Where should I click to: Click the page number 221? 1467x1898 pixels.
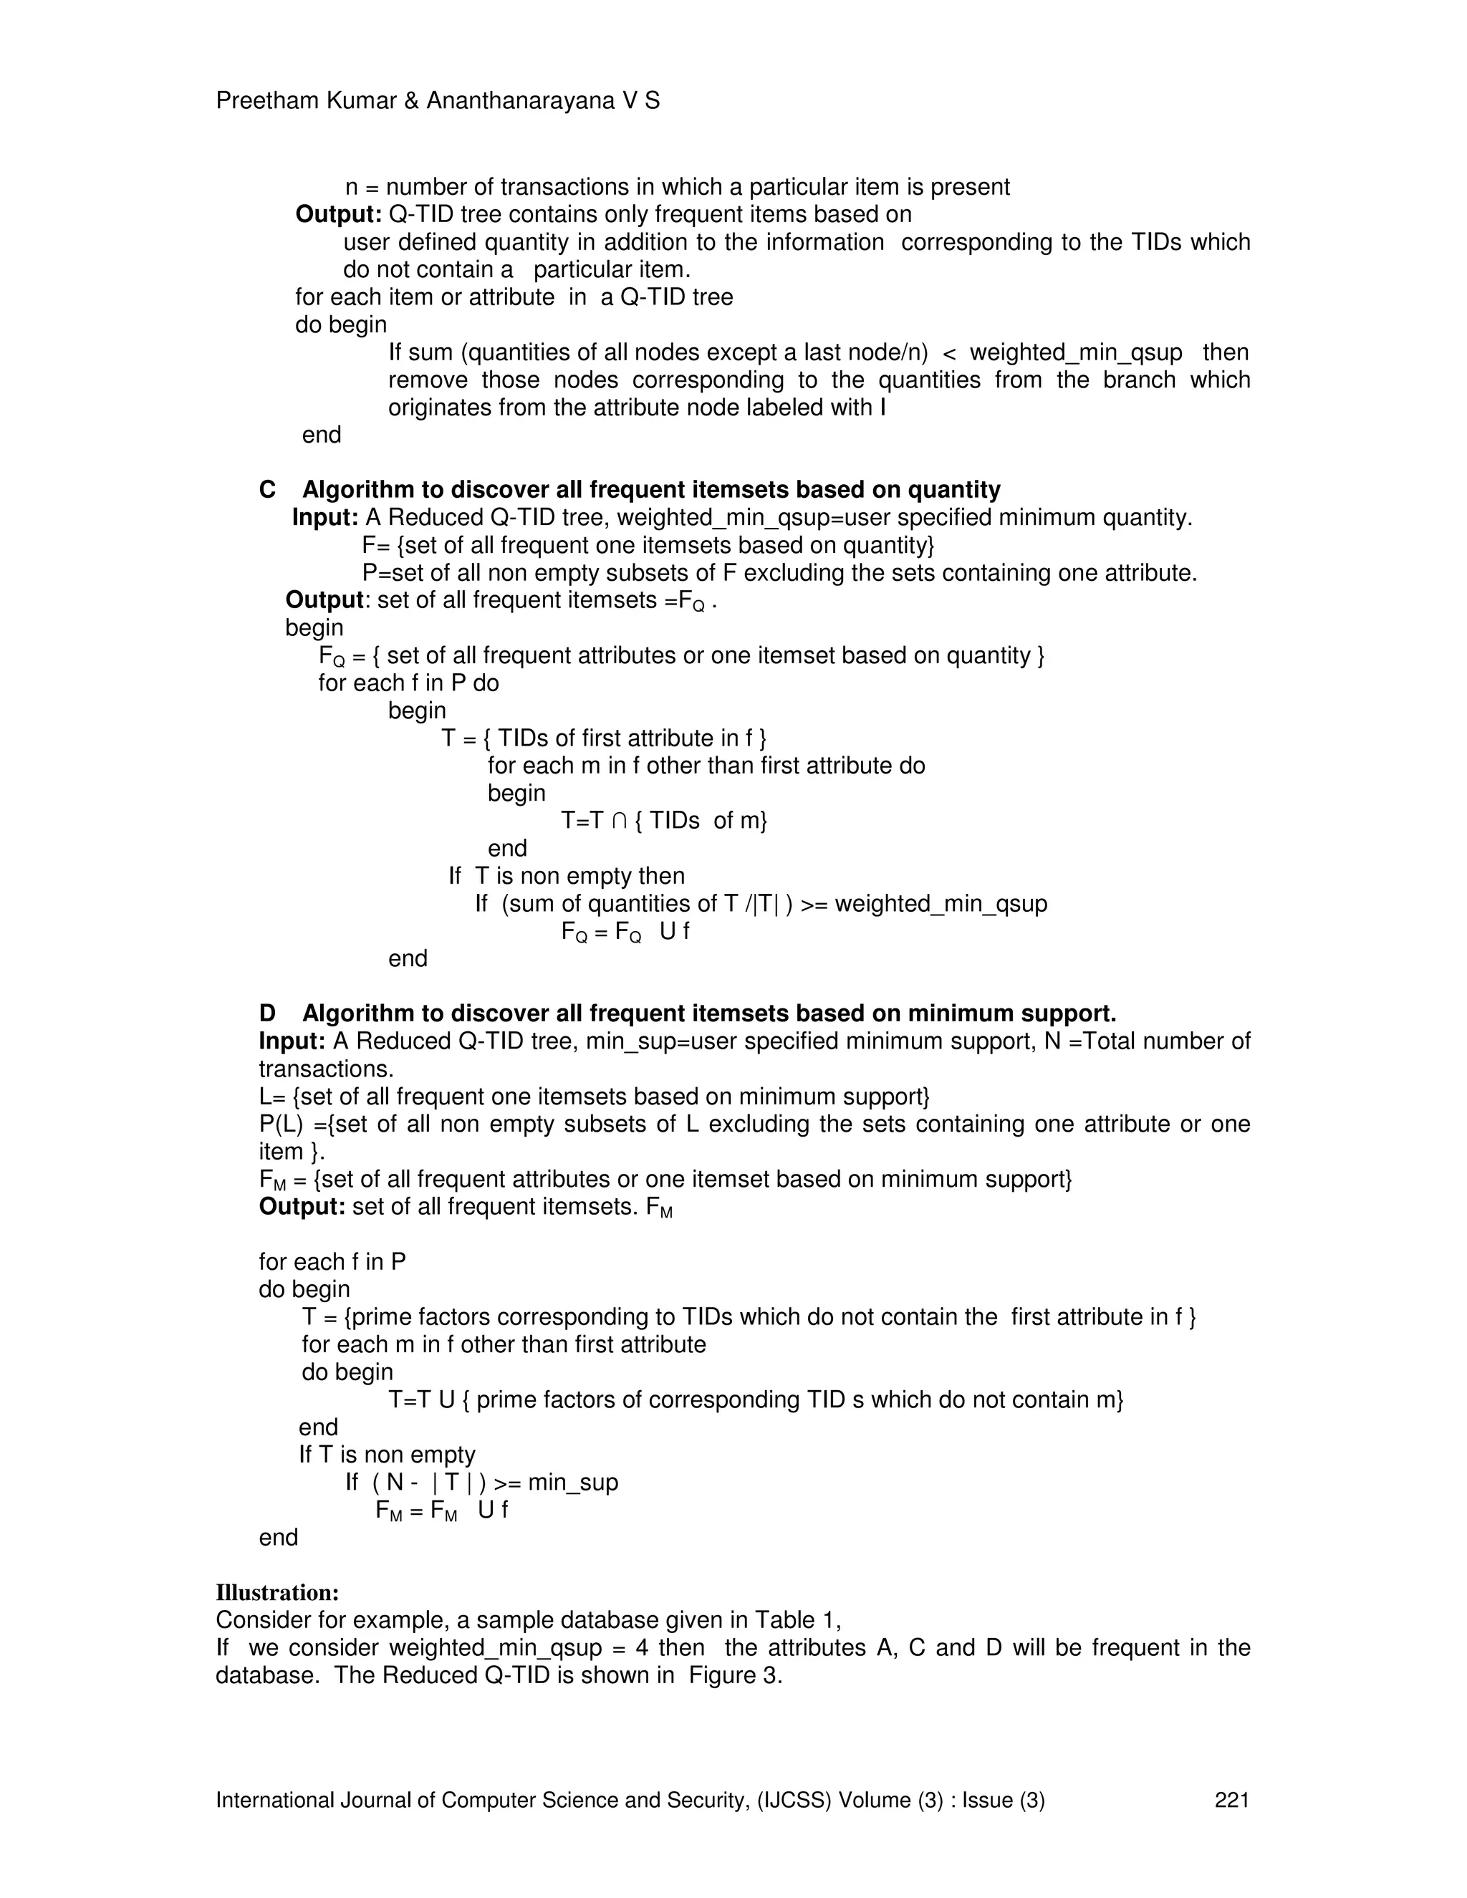coord(1231,1800)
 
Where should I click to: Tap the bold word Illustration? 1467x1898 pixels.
coord(276,1593)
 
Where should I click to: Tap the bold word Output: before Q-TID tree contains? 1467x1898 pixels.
coord(338,215)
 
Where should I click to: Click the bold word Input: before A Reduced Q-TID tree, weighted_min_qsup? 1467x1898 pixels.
coord(325,518)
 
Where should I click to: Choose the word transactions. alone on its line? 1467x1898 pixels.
coord(326,1069)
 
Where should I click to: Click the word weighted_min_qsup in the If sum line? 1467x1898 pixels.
coord(1075,353)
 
